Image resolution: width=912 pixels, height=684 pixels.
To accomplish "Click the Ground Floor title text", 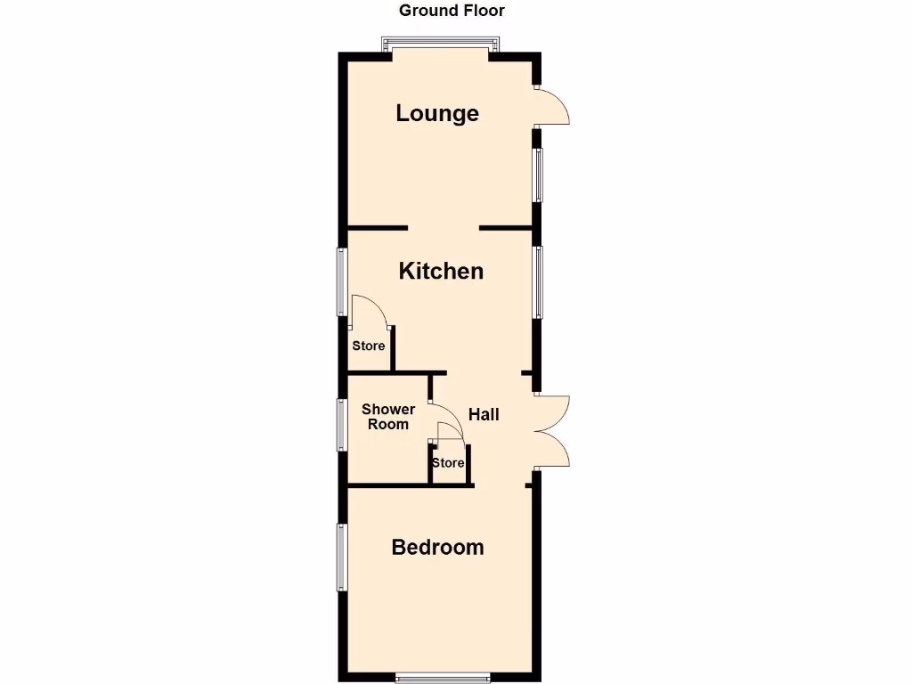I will (452, 11).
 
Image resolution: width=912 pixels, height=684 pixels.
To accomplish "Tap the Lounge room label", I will (437, 114).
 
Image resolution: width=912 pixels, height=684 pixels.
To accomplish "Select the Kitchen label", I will (441, 271).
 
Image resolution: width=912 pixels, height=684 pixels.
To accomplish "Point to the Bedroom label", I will (437, 547).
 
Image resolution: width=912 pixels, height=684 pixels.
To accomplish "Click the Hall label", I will (484, 414).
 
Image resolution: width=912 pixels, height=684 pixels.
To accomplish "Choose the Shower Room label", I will (388, 417).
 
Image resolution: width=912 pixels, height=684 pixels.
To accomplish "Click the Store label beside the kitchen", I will (369, 346).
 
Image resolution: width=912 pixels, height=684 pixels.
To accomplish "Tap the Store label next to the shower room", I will (448, 463).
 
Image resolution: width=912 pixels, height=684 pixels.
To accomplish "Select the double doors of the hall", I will (552, 430).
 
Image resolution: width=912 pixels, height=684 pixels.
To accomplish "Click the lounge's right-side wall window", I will (538, 174).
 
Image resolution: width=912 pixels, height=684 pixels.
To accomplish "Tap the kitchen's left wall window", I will (341, 281).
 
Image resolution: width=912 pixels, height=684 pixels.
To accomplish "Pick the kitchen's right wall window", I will (538, 281).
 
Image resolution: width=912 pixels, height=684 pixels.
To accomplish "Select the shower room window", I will (341, 424).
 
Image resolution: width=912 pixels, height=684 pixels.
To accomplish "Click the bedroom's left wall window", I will (341, 557).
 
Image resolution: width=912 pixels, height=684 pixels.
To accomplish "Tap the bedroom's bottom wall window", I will (443, 677).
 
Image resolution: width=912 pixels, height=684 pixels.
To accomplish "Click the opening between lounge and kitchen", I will (444, 229).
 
